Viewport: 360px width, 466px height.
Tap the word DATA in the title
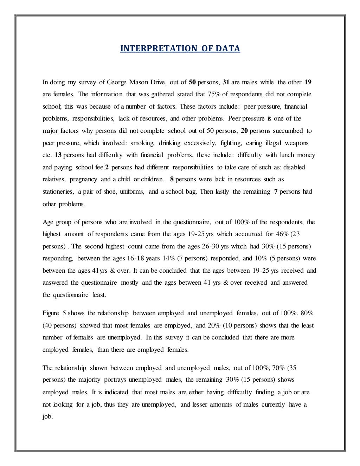coord(228,48)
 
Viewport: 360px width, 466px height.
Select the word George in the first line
coord(118,83)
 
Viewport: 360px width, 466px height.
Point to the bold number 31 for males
coord(226,83)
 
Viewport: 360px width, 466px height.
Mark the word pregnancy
coord(83,179)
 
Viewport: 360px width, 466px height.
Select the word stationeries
coord(58,192)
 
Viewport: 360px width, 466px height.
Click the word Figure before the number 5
coord(51,313)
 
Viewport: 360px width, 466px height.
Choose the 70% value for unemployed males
coord(278,368)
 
